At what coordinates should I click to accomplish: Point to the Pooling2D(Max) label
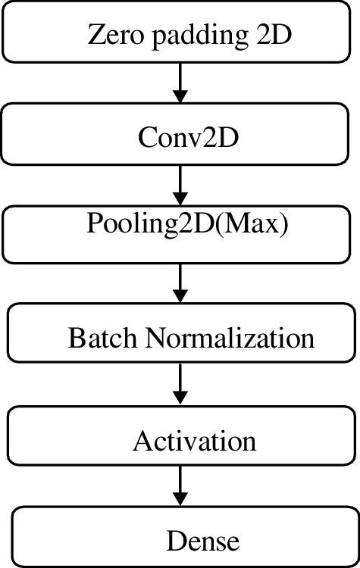[187, 226]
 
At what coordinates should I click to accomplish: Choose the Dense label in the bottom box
[202, 541]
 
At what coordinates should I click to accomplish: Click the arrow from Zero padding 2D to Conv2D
[180, 83]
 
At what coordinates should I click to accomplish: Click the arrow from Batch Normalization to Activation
[180, 385]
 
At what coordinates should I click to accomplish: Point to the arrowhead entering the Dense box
[180, 501]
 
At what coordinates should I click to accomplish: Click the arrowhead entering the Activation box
[180, 398]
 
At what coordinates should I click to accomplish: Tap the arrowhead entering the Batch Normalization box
[180, 295]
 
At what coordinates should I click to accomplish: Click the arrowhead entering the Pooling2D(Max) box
[180, 199]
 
